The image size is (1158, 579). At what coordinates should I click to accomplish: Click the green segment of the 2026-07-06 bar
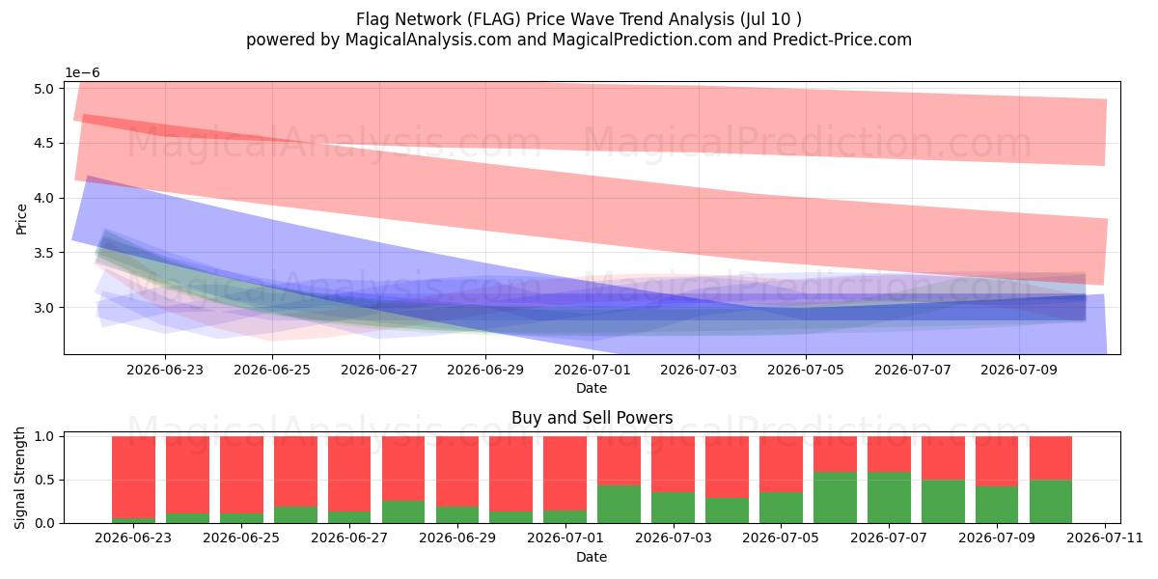click(835, 497)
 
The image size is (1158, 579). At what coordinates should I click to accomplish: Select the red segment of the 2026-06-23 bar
click(133, 477)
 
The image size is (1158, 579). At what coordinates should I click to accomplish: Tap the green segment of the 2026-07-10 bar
click(1051, 502)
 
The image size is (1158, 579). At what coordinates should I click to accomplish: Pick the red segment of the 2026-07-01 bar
click(565, 474)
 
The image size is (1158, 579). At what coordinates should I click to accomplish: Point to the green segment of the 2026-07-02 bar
click(619, 504)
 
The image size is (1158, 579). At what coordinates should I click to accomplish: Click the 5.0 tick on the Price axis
click(44, 89)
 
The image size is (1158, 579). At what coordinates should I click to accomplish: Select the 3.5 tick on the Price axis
click(44, 253)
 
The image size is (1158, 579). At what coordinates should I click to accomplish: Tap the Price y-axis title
click(21, 219)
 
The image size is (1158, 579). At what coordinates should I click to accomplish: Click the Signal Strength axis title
click(19, 479)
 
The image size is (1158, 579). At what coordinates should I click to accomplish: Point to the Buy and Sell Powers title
click(592, 418)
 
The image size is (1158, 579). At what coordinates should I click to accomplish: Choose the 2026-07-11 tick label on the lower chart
click(1105, 538)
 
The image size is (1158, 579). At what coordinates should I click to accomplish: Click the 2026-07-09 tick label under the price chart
click(1019, 371)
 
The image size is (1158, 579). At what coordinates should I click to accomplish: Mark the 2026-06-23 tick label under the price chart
click(165, 371)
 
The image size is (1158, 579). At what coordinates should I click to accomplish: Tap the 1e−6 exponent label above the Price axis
click(82, 73)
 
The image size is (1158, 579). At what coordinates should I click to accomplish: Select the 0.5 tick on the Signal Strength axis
click(44, 480)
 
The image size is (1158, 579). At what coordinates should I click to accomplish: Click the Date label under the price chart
click(592, 388)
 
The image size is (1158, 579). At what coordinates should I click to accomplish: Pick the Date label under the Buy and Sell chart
click(592, 558)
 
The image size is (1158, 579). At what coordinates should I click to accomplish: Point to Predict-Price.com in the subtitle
click(842, 40)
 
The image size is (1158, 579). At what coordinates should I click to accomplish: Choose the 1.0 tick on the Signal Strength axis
click(44, 436)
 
